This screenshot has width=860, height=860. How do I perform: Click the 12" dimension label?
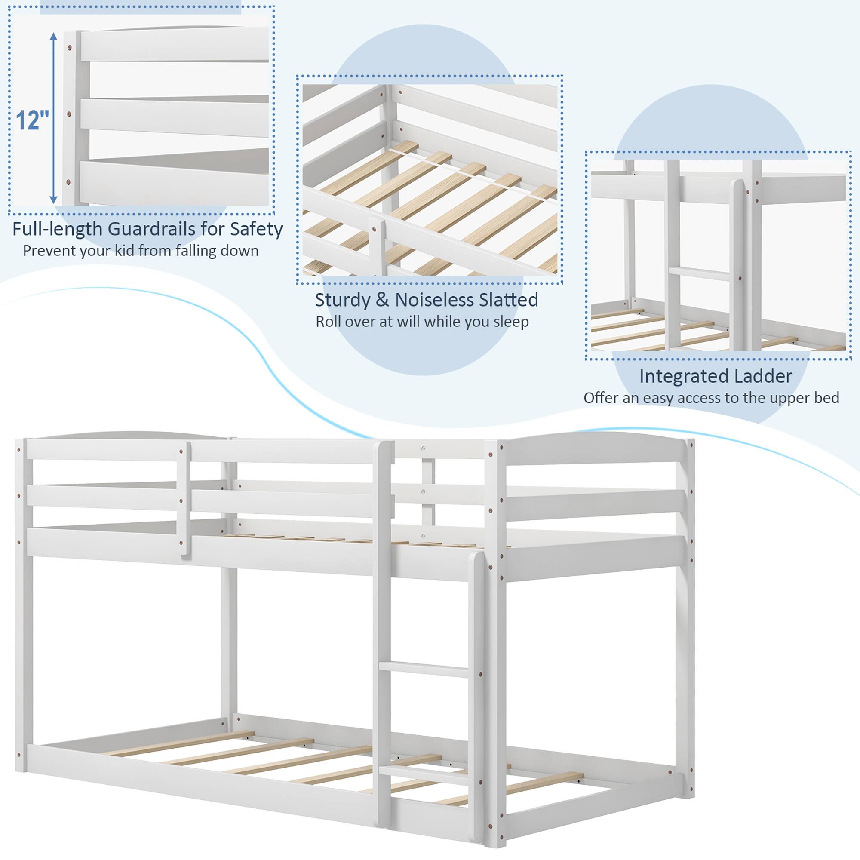(x=33, y=120)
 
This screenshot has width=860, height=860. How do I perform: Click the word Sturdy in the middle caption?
(x=342, y=300)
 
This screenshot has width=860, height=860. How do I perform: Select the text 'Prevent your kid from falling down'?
(x=141, y=251)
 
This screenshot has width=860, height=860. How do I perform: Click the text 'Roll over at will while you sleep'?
(x=422, y=321)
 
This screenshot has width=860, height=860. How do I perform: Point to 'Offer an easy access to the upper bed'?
(x=711, y=397)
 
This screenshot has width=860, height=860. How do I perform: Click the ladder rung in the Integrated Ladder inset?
(x=699, y=273)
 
